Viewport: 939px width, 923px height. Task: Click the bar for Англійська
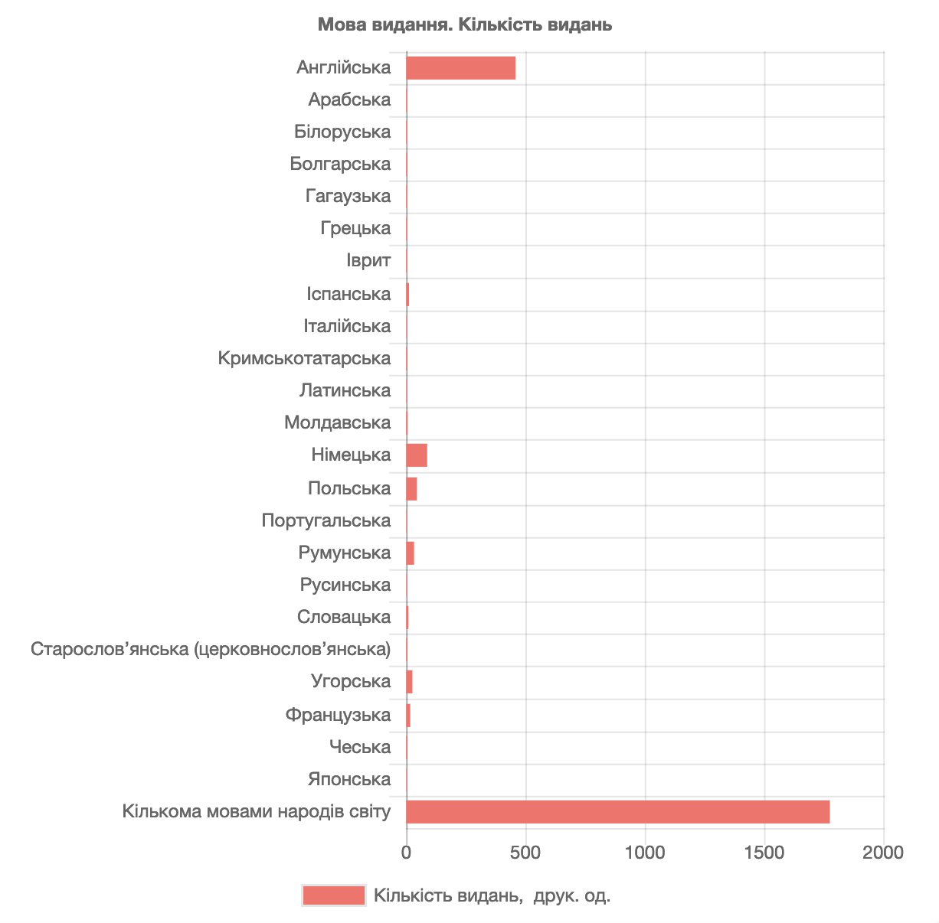460,67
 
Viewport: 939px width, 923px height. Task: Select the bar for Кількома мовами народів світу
618,812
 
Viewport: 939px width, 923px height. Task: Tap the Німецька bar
417,455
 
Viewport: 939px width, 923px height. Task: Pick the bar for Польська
411,488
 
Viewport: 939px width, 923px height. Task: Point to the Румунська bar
411,553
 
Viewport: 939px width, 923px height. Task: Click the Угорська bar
409,682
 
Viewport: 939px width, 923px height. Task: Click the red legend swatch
333,895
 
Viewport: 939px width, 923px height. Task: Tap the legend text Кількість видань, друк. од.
492,895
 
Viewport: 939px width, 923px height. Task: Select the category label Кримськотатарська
304,358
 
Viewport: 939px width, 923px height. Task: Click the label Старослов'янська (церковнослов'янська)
211,649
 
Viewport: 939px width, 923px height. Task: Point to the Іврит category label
368,260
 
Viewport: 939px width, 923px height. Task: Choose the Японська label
349,779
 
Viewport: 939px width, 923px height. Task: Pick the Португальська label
326,520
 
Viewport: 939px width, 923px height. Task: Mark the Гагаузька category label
348,196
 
